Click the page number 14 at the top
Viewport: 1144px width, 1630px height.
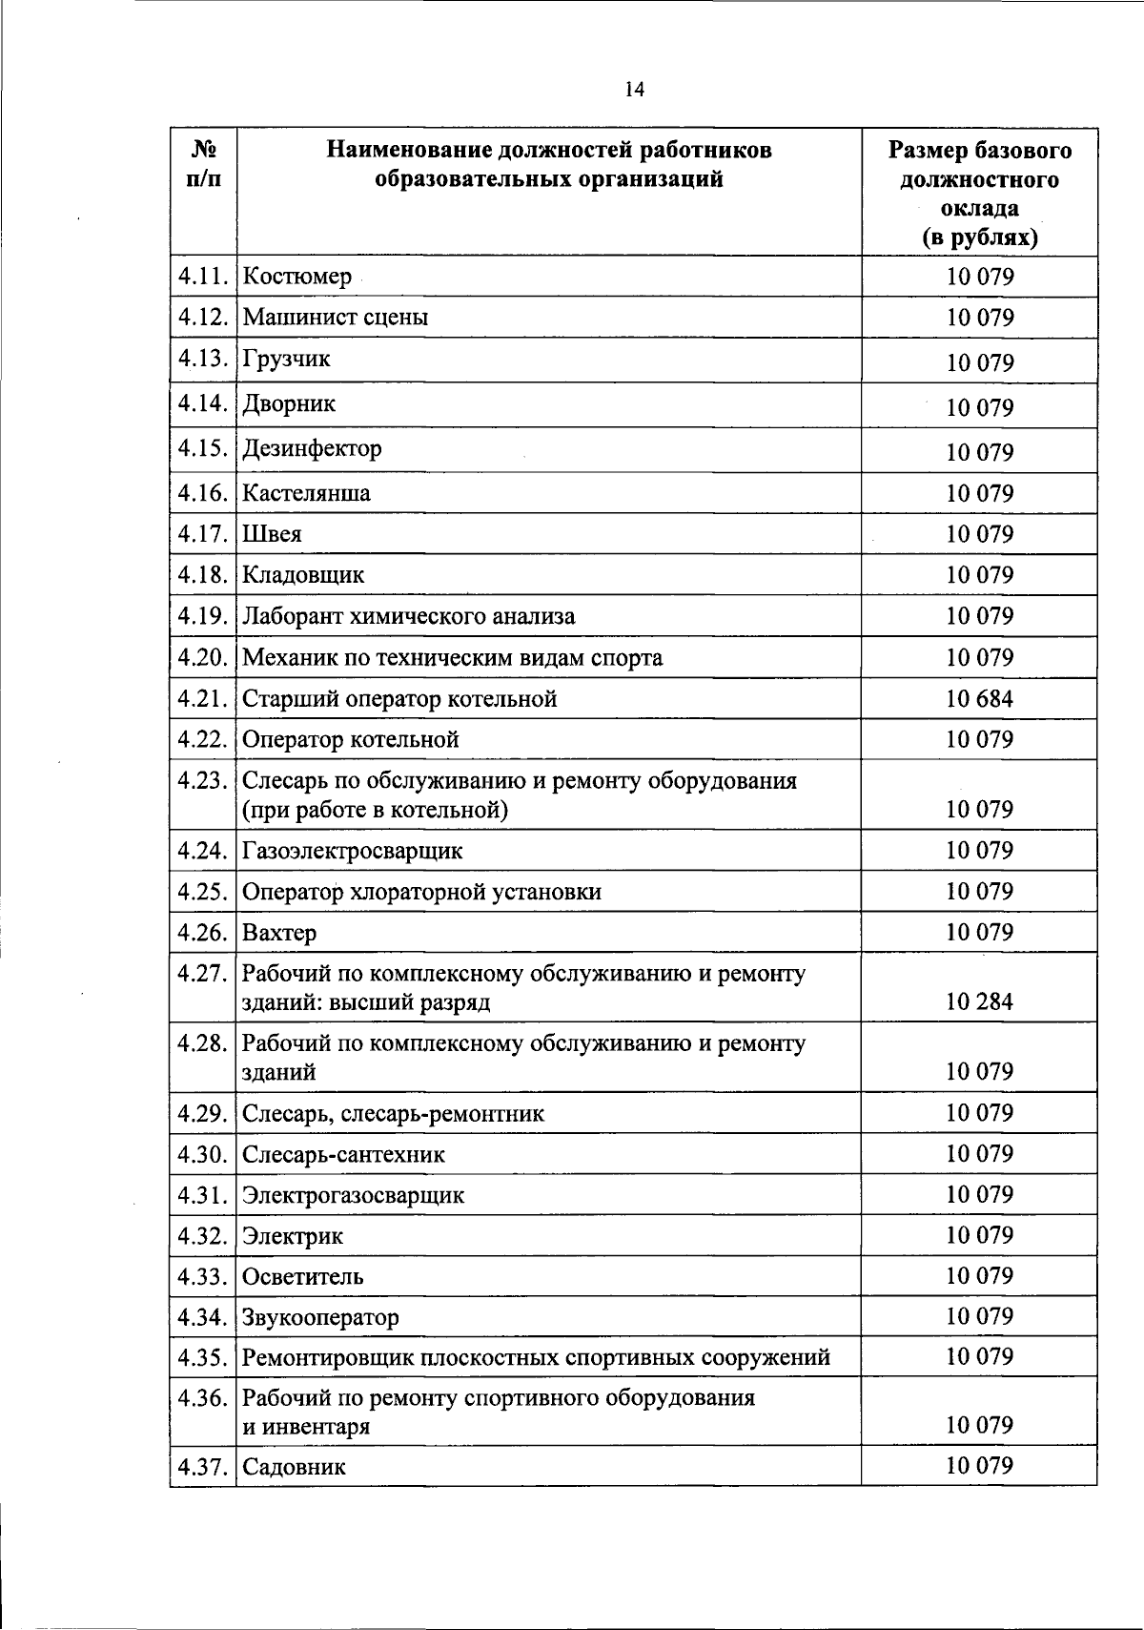pyautogui.click(x=634, y=90)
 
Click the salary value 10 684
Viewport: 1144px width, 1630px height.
pyautogui.click(x=979, y=699)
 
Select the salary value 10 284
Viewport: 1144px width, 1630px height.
pyautogui.click(x=979, y=1001)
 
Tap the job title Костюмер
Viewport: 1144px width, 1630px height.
pyautogui.click(x=296, y=278)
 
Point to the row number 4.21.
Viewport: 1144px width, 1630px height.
pyautogui.click(x=202, y=699)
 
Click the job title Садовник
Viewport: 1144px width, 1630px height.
pyautogui.click(x=294, y=1467)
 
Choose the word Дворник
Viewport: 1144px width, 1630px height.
pyautogui.click(x=289, y=404)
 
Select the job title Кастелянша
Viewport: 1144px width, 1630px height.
pyautogui.click(x=306, y=494)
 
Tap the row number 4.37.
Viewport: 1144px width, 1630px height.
pyautogui.click(x=202, y=1467)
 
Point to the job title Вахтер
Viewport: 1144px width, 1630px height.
pyautogui.click(x=279, y=933)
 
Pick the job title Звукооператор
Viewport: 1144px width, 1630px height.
pyautogui.click(x=320, y=1318)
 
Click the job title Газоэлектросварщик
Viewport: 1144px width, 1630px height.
pyautogui.click(x=352, y=851)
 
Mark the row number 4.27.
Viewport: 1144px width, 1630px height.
pyautogui.click(x=202, y=974)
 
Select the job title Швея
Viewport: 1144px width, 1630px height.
pyautogui.click(x=272, y=535)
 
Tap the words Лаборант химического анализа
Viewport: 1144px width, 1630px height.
pyautogui.click(x=408, y=617)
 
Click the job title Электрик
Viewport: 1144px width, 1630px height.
pyautogui.click(x=292, y=1236)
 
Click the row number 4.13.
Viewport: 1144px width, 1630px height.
pyautogui.click(x=202, y=359)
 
